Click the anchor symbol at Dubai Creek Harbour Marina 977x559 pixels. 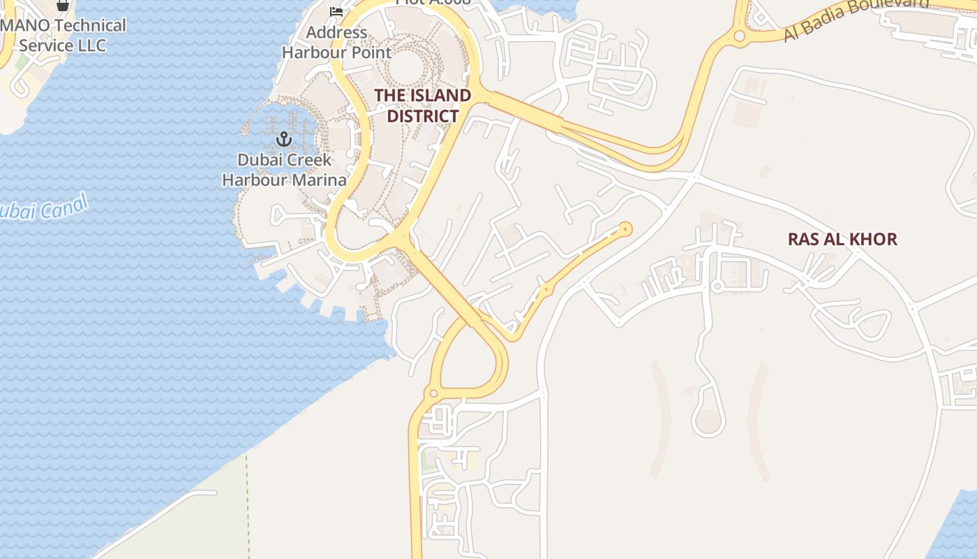click(283, 139)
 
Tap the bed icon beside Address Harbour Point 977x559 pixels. click(336, 12)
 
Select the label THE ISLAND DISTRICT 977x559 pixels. click(422, 106)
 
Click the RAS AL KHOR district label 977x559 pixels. click(842, 240)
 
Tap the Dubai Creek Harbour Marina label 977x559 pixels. click(284, 170)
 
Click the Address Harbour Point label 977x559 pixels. click(336, 42)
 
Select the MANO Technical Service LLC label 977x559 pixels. click(63, 36)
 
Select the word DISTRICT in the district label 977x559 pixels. click(422, 116)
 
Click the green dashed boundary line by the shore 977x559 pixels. click(247, 503)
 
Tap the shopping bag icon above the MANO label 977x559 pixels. click(63, 5)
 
